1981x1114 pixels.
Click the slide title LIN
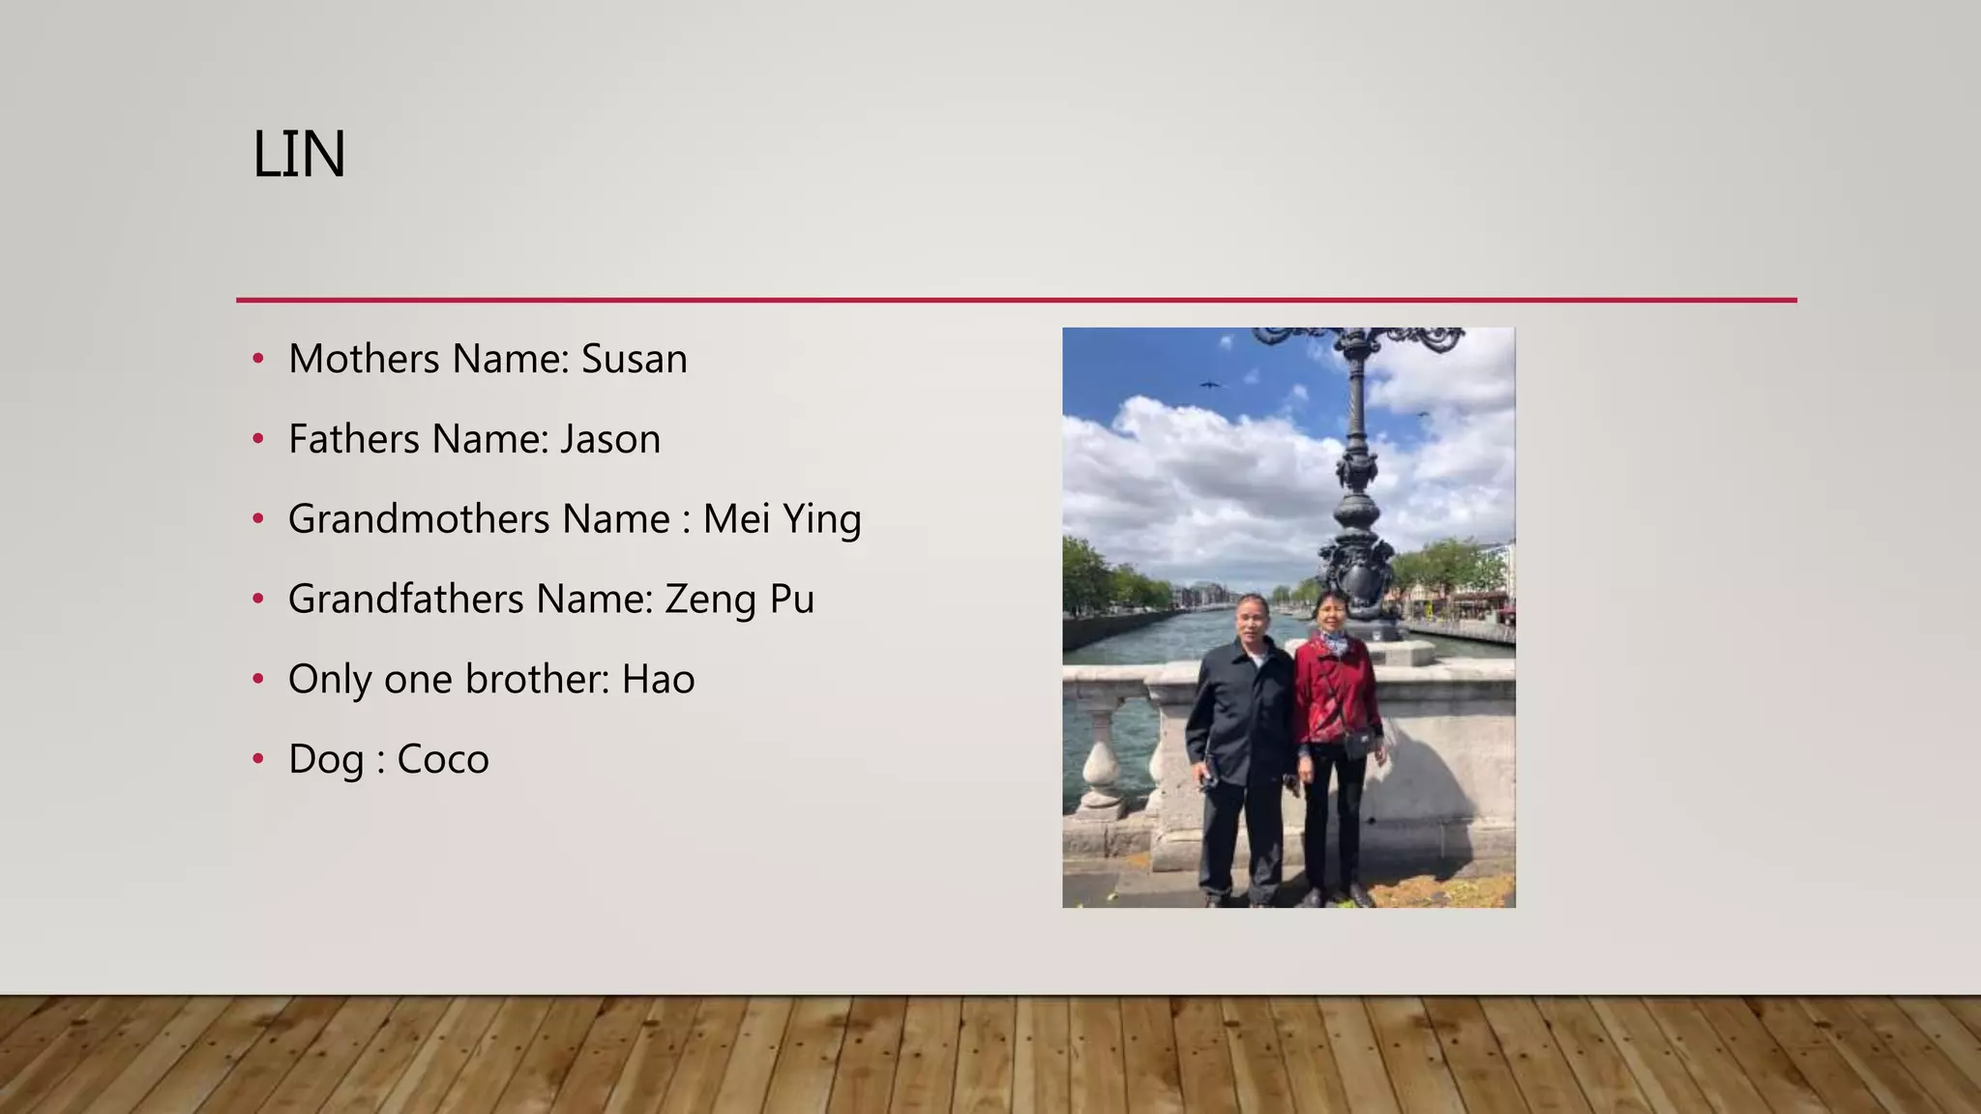click(x=298, y=155)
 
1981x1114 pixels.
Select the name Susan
click(x=634, y=360)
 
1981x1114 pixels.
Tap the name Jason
click(x=610, y=440)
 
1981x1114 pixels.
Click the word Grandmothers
click(x=419, y=519)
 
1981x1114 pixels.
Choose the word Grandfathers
click(x=406, y=600)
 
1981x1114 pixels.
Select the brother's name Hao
click(x=658, y=680)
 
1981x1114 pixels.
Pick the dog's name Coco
click(x=443, y=760)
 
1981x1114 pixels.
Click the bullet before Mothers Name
click(x=257, y=359)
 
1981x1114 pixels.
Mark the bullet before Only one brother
click(x=257, y=679)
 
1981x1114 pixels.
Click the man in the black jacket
click(x=1243, y=735)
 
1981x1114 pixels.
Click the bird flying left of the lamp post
click(x=1209, y=385)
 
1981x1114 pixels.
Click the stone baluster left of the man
click(x=1102, y=764)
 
